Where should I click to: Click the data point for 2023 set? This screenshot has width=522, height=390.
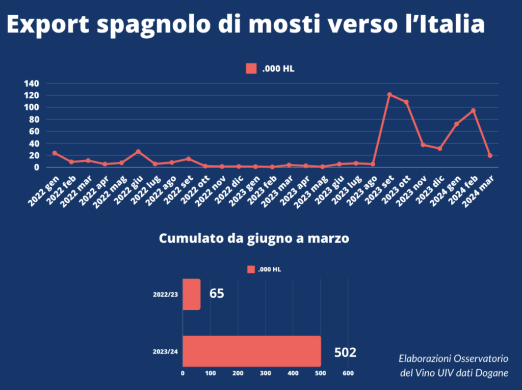[389, 95]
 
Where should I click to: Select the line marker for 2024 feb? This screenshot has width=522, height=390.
[473, 110]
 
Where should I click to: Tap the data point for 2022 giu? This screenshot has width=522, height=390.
[138, 152]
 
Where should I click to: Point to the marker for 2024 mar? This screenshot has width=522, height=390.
[490, 155]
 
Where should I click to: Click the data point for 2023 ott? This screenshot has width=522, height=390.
[406, 102]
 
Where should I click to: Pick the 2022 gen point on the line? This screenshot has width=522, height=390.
[55, 153]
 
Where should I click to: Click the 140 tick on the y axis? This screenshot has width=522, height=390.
[32, 83]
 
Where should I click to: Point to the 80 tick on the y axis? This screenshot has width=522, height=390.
[34, 119]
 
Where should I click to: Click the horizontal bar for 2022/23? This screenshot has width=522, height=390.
[191, 294]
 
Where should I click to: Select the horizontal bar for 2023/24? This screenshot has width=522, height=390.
[251, 351]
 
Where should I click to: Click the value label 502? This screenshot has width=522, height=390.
[345, 352]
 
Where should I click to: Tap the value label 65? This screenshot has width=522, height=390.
[217, 294]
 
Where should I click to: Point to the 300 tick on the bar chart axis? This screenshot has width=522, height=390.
[266, 374]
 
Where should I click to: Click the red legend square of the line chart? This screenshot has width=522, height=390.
[251, 69]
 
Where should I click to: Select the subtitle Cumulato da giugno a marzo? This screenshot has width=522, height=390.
[254, 239]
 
